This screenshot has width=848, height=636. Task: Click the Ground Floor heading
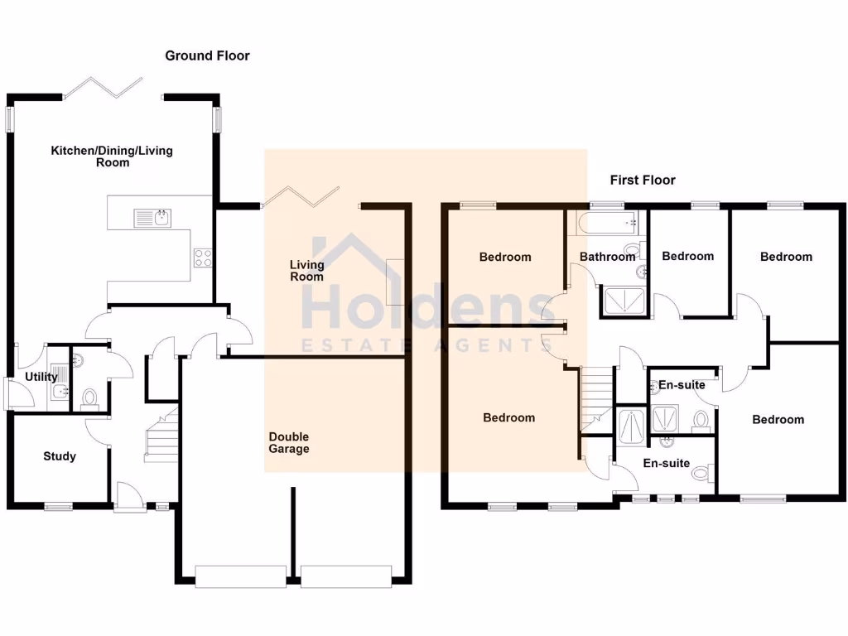click(207, 55)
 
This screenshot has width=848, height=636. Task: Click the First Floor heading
click(643, 180)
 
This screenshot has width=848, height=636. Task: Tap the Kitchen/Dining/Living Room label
click(112, 157)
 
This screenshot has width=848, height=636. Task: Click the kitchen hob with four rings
click(203, 258)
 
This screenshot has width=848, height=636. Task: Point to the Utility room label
click(41, 377)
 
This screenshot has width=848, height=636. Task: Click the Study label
click(60, 456)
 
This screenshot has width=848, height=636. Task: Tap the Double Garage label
click(288, 443)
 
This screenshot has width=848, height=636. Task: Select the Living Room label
click(306, 271)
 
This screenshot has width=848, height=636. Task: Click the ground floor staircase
click(162, 435)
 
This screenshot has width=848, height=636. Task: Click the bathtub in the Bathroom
click(606, 221)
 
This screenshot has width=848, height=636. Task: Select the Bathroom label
click(607, 257)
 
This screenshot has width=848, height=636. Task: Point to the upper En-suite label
click(682, 385)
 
